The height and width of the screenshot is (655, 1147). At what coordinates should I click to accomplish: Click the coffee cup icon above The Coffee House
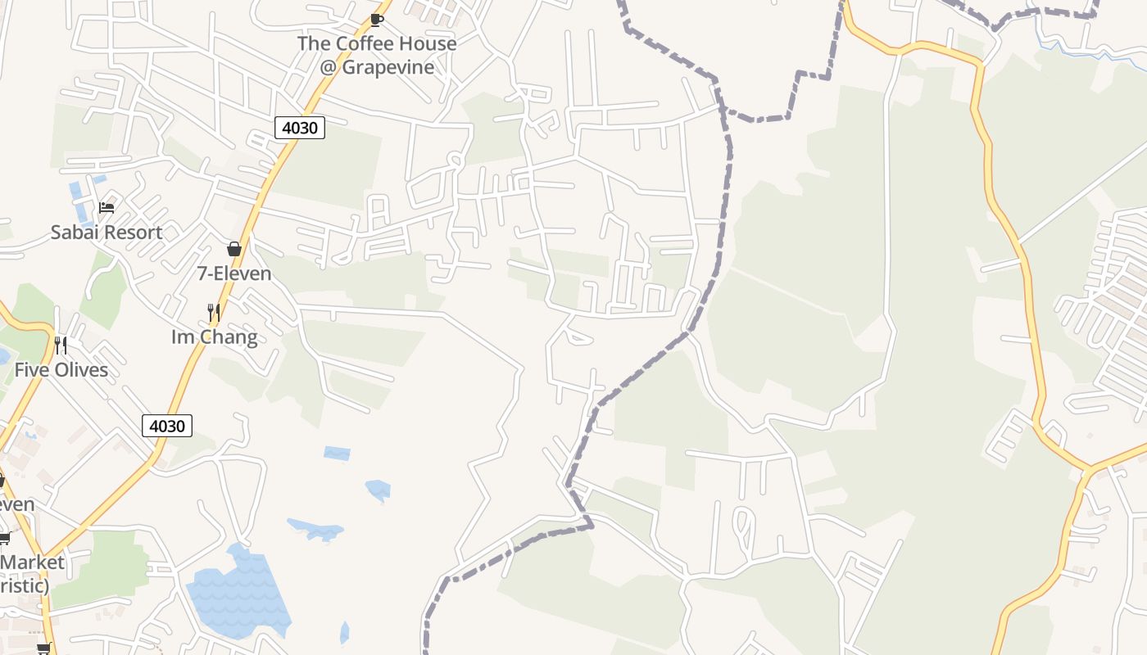(x=377, y=20)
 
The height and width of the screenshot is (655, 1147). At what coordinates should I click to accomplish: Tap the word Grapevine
(x=388, y=67)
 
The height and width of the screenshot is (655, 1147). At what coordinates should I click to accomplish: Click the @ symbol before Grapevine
(x=329, y=67)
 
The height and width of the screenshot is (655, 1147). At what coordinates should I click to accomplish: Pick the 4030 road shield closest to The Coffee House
(x=300, y=128)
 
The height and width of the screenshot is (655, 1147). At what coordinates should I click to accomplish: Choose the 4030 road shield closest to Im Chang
(x=167, y=426)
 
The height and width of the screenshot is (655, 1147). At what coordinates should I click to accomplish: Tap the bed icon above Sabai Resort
(x=107, y=208)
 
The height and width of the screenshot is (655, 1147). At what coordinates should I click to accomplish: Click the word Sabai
(x=75, y=233)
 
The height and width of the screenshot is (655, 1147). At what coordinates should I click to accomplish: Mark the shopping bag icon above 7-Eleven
(x=234, y=249)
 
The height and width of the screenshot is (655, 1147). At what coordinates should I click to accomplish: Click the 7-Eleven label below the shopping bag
(x=234, y=273)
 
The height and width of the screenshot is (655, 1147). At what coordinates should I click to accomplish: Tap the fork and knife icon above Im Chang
(x=214, y=312)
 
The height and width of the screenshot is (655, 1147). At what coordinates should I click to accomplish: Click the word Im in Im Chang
(x=181, y=337)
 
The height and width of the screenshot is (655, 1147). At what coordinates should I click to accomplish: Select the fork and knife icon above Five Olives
(x=61, y=345)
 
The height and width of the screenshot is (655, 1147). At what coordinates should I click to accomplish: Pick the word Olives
(x=80, y=370)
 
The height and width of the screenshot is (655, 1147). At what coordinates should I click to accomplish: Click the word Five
(x=31, y=370)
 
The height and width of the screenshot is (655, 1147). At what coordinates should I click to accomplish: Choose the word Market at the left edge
(x=33, y=563)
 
